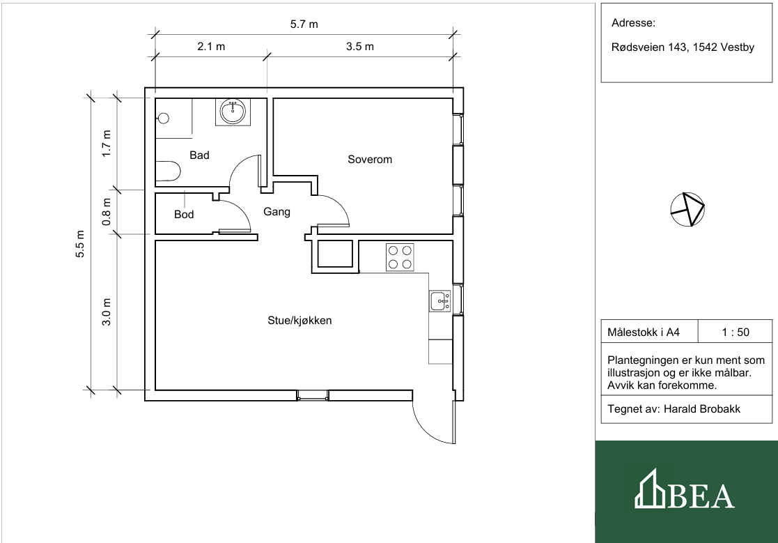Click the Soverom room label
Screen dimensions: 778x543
pos(370,160)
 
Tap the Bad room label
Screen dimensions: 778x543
pos(199,155)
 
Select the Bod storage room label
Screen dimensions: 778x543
pos(184,215)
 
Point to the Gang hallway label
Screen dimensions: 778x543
pos(277,212)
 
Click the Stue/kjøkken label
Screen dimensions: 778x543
pos(299,321)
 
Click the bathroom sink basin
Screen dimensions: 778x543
pos(233,112)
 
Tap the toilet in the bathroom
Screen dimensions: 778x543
pos(168,171)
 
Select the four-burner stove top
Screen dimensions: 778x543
pos(400,257)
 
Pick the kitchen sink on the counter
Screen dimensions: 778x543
pos(439,301)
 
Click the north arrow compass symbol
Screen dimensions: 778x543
pos(687,209)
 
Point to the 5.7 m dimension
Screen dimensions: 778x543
pos(304,24)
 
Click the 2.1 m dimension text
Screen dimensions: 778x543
pos(211,47)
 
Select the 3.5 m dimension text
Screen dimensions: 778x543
pos(359,47)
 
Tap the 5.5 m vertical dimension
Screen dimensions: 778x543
pos(80,244)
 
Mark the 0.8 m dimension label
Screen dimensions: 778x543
pos(106,212)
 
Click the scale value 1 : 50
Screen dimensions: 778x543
pos(736,332)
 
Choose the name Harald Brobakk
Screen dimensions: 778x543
pos(702,409)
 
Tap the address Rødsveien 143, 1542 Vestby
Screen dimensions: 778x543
pos(683,47)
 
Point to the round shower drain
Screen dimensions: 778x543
pos(163,118)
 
